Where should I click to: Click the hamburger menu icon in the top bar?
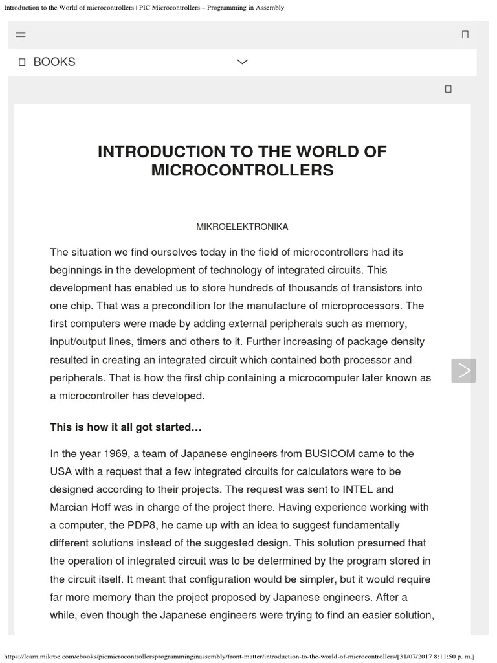click(x=21, y=34)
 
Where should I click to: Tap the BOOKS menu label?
click(x=54, y=62)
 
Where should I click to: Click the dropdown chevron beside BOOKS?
click(x=242, y=62)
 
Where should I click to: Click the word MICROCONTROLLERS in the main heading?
click(x=242, y=170)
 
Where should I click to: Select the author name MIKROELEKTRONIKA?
click(x=242, y=227)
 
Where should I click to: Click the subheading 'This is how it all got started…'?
click(x=126, y=427)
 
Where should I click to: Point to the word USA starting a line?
click(x=61, y=471)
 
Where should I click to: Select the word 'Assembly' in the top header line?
click(x=271, y=8)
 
